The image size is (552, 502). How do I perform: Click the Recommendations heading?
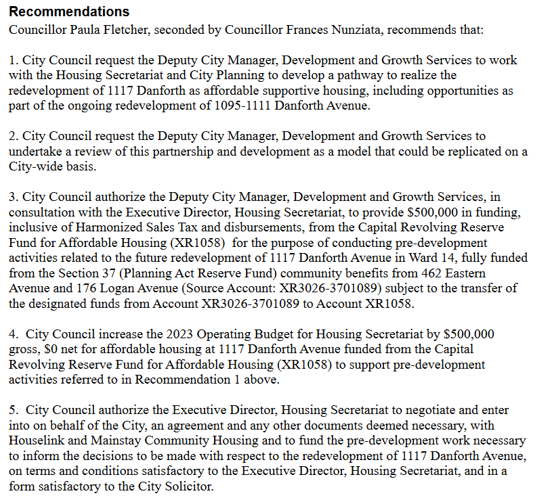(69, 12)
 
